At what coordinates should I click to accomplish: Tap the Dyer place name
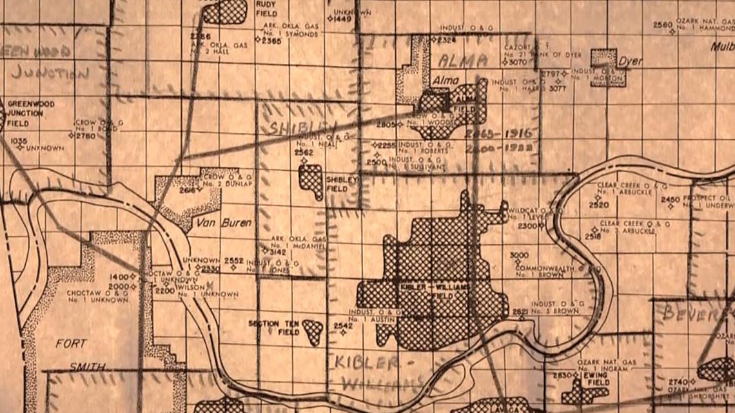[630, 62]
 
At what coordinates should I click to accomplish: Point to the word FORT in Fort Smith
[71, 343]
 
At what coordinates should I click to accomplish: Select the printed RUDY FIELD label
[266, 7]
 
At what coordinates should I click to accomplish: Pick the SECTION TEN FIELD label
[273, 327]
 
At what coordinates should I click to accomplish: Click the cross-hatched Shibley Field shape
[311, 181]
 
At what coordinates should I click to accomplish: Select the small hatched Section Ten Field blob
[313, 331]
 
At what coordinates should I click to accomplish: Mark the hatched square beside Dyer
[608, 67]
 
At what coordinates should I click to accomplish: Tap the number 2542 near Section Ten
[343, 326]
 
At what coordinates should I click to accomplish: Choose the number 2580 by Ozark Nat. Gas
[663, 25]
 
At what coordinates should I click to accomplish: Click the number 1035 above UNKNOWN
[19, 140]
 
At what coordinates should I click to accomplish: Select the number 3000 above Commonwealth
[519, 255]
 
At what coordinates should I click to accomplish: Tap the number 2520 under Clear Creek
[598, 205]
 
